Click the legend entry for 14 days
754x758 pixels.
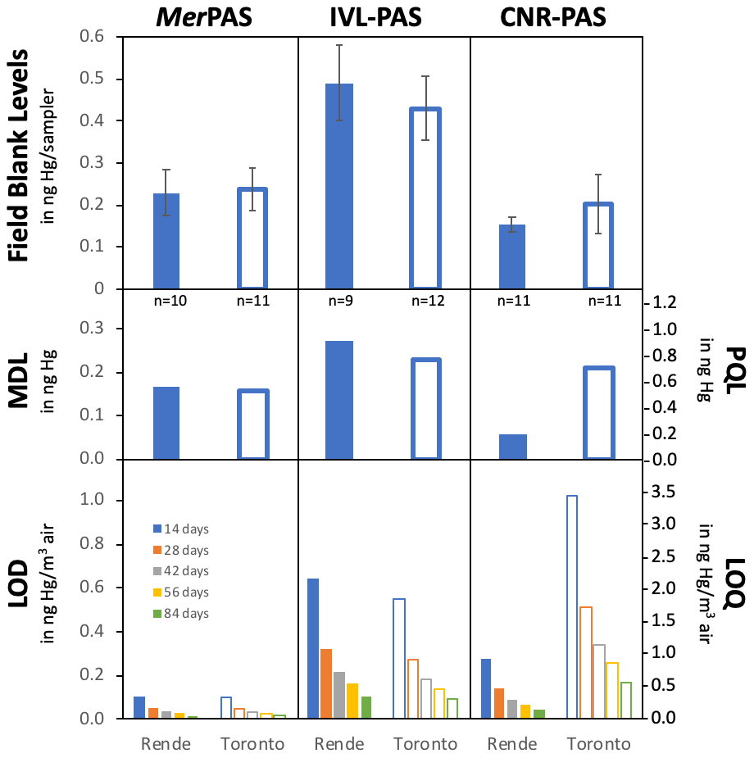181,529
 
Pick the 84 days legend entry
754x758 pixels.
181,613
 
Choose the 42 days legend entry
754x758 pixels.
181,570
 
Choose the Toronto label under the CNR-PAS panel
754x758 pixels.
598,744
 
